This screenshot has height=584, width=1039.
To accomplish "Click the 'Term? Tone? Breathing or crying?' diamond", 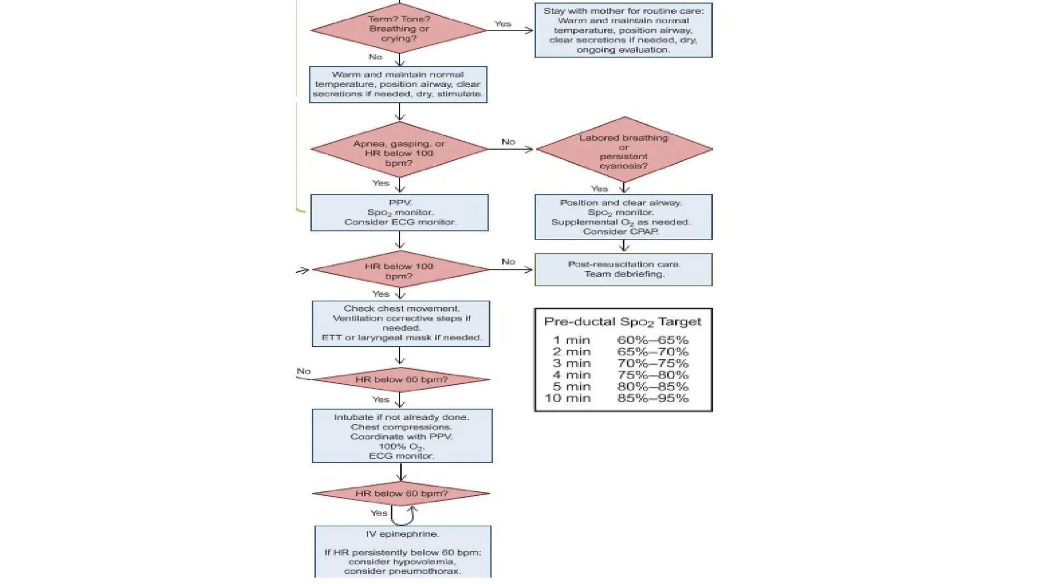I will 399,29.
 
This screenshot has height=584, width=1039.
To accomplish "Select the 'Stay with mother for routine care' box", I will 623,30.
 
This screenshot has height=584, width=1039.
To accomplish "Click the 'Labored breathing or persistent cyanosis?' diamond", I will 624,150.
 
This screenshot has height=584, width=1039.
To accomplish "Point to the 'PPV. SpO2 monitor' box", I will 399,213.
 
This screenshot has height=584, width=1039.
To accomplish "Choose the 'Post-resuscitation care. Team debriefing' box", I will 623,270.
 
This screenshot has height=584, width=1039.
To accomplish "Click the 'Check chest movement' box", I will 401,324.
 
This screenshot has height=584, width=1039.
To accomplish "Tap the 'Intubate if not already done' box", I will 402,436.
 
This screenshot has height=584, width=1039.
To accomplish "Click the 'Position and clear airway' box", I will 623,217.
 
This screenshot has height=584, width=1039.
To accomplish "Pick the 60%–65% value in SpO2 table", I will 652,340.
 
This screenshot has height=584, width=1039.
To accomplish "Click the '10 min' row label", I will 568,398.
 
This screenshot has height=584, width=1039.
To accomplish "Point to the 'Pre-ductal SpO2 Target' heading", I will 622,322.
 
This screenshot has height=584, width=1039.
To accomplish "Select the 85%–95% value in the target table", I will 652,398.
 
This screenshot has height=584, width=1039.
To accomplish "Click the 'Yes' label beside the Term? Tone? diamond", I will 503,24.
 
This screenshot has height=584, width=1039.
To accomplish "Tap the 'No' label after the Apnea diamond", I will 508,142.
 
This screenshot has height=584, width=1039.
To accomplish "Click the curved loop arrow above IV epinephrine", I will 404,516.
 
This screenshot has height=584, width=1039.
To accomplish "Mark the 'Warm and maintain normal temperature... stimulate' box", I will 398,85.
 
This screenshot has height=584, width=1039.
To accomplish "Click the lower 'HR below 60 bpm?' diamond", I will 401,494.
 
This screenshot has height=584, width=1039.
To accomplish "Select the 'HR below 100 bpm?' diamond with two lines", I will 399,271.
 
